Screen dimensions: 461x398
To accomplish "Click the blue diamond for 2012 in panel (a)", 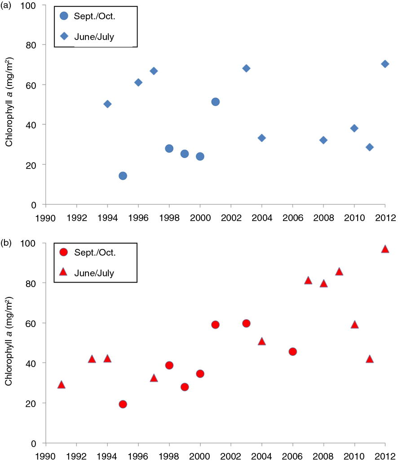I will click(x=385, y=64).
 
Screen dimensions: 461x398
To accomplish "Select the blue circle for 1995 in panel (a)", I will click(x=123, y=176).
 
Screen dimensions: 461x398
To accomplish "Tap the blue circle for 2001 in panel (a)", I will click(x=215, y=102).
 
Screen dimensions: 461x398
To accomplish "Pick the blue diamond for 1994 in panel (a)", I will click(x=107, y=104).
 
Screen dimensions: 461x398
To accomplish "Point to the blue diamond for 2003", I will click(x=246, y=68).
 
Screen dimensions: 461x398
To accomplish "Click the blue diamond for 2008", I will click(x=323, y=140).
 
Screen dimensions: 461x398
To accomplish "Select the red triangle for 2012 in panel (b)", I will click(x=385, y=249).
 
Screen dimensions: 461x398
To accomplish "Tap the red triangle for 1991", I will click(x=62, y=385).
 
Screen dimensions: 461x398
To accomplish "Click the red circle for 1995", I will click(x=123, y=404).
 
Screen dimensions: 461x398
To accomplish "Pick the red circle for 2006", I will click(x=292, y=351).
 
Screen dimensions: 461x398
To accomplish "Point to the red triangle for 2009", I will click(x=339, y=271).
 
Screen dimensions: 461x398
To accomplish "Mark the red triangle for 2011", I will click(x=370, y=359).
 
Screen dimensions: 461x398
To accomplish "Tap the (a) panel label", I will click(x=6, y=5).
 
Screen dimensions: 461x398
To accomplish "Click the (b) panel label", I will click(x=6, y=243).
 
